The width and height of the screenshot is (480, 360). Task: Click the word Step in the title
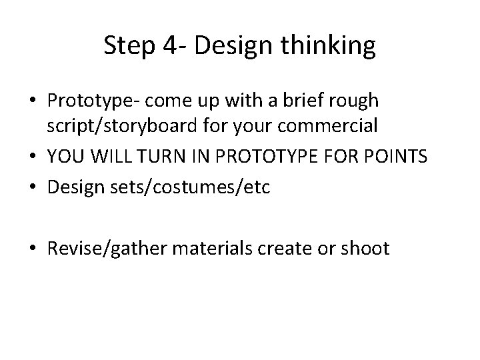tap(127, 45)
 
